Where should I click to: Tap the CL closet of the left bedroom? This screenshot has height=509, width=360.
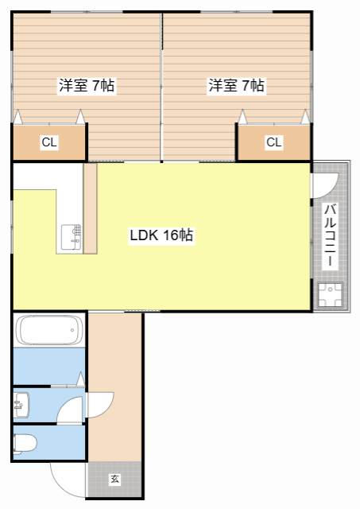(x=49, y=143)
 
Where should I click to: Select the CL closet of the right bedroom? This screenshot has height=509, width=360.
(x=273, y=143)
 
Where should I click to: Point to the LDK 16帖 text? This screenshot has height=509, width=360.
(x=162, y=236)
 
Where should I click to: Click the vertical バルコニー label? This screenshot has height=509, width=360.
(x=330, y=235)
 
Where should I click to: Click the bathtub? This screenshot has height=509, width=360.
(x=48, y=330)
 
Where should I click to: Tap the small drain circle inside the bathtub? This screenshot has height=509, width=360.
(x=73, y=330)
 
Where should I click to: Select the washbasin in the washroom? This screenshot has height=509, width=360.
(x=21, y=406)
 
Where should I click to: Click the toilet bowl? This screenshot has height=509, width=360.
(x=24, y=442)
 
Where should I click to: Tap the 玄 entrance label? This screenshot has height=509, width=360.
(x=114, y=480)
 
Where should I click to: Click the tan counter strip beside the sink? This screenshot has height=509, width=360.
(x=90, y=208)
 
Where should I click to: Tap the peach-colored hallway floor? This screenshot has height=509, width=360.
(x=115, y=358)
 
